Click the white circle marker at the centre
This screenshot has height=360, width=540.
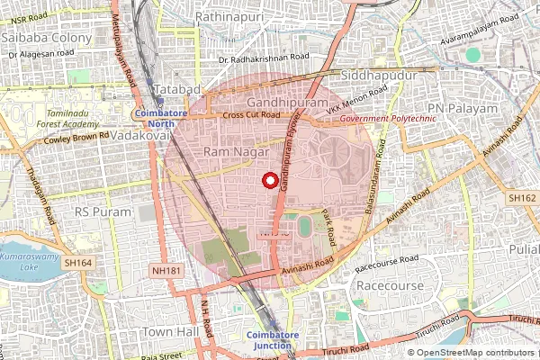coord(268,180)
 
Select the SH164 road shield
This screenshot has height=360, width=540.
coord(78,263)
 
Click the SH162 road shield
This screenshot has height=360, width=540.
coord(521,197)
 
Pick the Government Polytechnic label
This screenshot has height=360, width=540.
coord(388,119)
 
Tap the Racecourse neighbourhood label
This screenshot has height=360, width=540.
coord(390,285)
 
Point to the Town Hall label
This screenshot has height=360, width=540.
coord(169,332)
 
